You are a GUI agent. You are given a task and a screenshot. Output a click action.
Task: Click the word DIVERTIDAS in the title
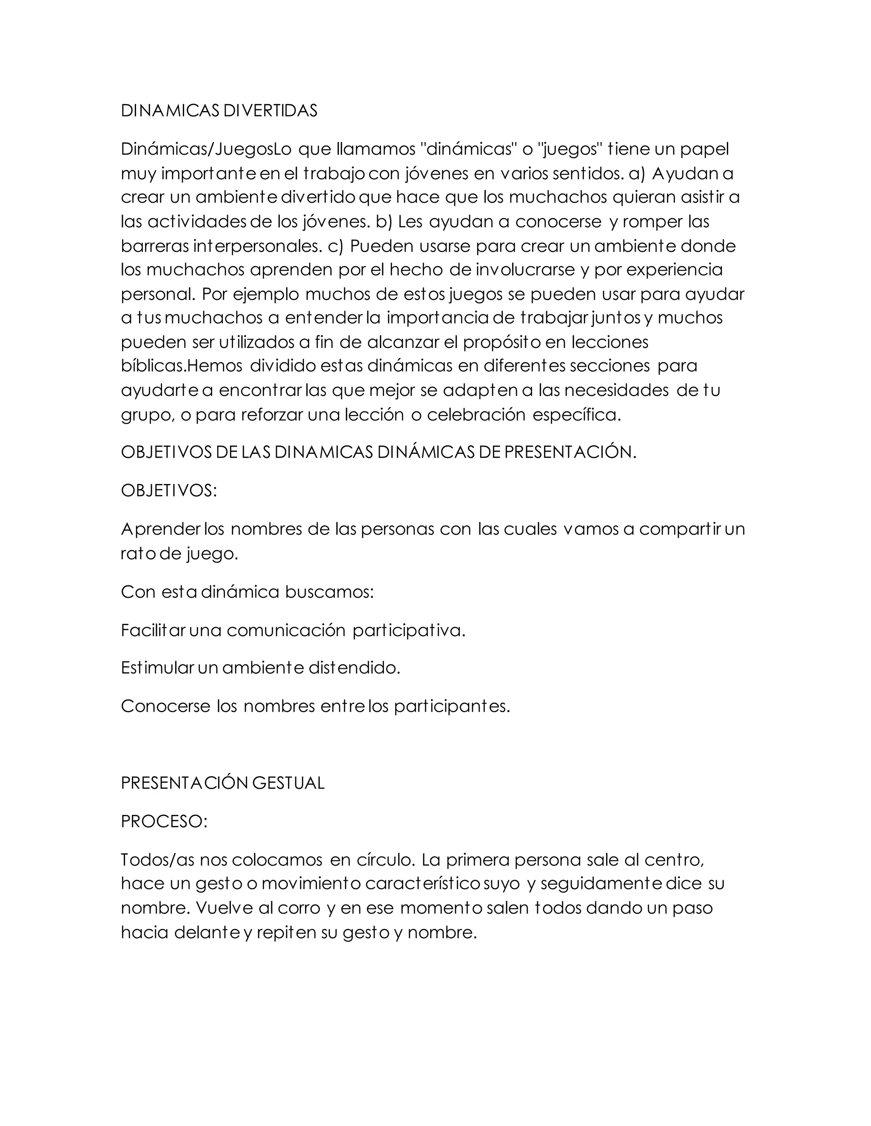270,111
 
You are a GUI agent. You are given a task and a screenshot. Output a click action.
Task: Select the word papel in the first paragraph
704,149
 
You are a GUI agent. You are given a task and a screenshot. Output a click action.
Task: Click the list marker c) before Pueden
336,246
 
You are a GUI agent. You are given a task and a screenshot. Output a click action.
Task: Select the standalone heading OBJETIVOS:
169,490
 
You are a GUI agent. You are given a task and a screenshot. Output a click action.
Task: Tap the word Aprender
160,529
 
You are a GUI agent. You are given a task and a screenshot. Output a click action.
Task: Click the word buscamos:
329,591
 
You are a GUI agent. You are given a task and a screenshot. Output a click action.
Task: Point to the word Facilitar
153,630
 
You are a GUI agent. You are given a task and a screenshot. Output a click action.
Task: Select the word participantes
452,706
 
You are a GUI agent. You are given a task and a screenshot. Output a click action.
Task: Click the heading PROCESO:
164,821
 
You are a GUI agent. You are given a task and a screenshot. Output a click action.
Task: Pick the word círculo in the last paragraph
386,860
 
